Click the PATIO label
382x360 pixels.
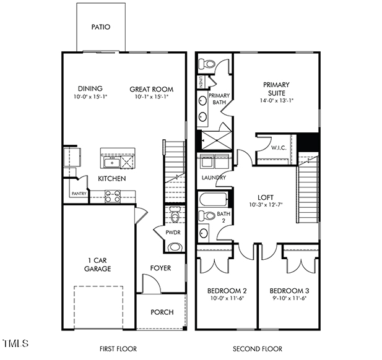click(100, 27)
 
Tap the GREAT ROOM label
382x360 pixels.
click(149, 89)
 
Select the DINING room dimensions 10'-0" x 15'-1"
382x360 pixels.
click(90, 97)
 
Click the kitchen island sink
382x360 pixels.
click(111, 161)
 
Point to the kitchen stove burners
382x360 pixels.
click(113, 196)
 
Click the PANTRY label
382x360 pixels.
click(79, 194)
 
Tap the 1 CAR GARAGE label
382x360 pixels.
click(98, 264)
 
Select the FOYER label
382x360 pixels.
click(161, 268)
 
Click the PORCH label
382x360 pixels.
click(162, 312)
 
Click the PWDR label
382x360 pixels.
click(173, 233)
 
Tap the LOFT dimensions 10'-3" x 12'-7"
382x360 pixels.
click(265, 205)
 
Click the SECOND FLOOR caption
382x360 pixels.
click(257, 349)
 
